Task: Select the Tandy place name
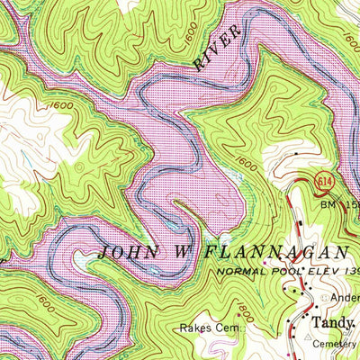coord(333,320)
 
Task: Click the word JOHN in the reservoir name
coord(129,251)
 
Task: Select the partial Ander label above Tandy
coord(343,295)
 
